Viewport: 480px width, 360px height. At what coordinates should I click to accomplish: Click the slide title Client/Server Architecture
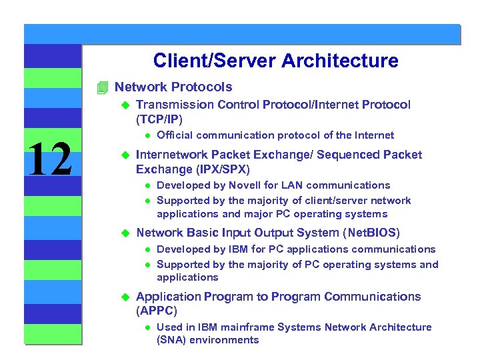pos(275,61)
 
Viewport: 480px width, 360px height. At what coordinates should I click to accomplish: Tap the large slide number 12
pos(51,159)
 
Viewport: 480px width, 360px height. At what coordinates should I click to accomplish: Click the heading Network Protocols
pos(173,87)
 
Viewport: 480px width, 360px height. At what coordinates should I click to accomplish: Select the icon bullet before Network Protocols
pos(102,87)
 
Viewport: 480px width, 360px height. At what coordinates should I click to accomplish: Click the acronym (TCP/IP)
pos(159,119)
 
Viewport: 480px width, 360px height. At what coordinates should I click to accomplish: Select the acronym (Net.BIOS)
pos(371,233)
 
